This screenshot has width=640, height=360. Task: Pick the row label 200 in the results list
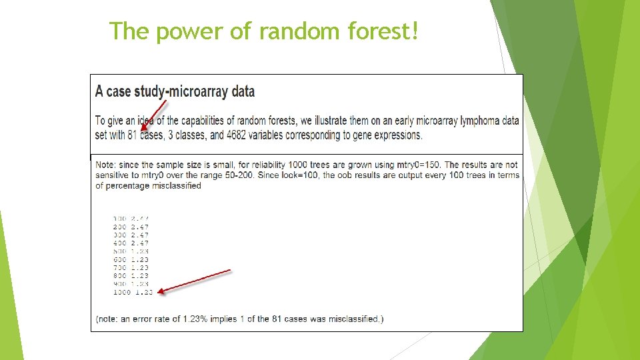coord(120,227)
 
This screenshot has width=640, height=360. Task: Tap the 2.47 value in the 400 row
coord(140,243)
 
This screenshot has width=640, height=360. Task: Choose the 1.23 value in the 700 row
coord(140,267)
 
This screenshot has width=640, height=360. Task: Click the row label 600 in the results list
coord(120,259)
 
